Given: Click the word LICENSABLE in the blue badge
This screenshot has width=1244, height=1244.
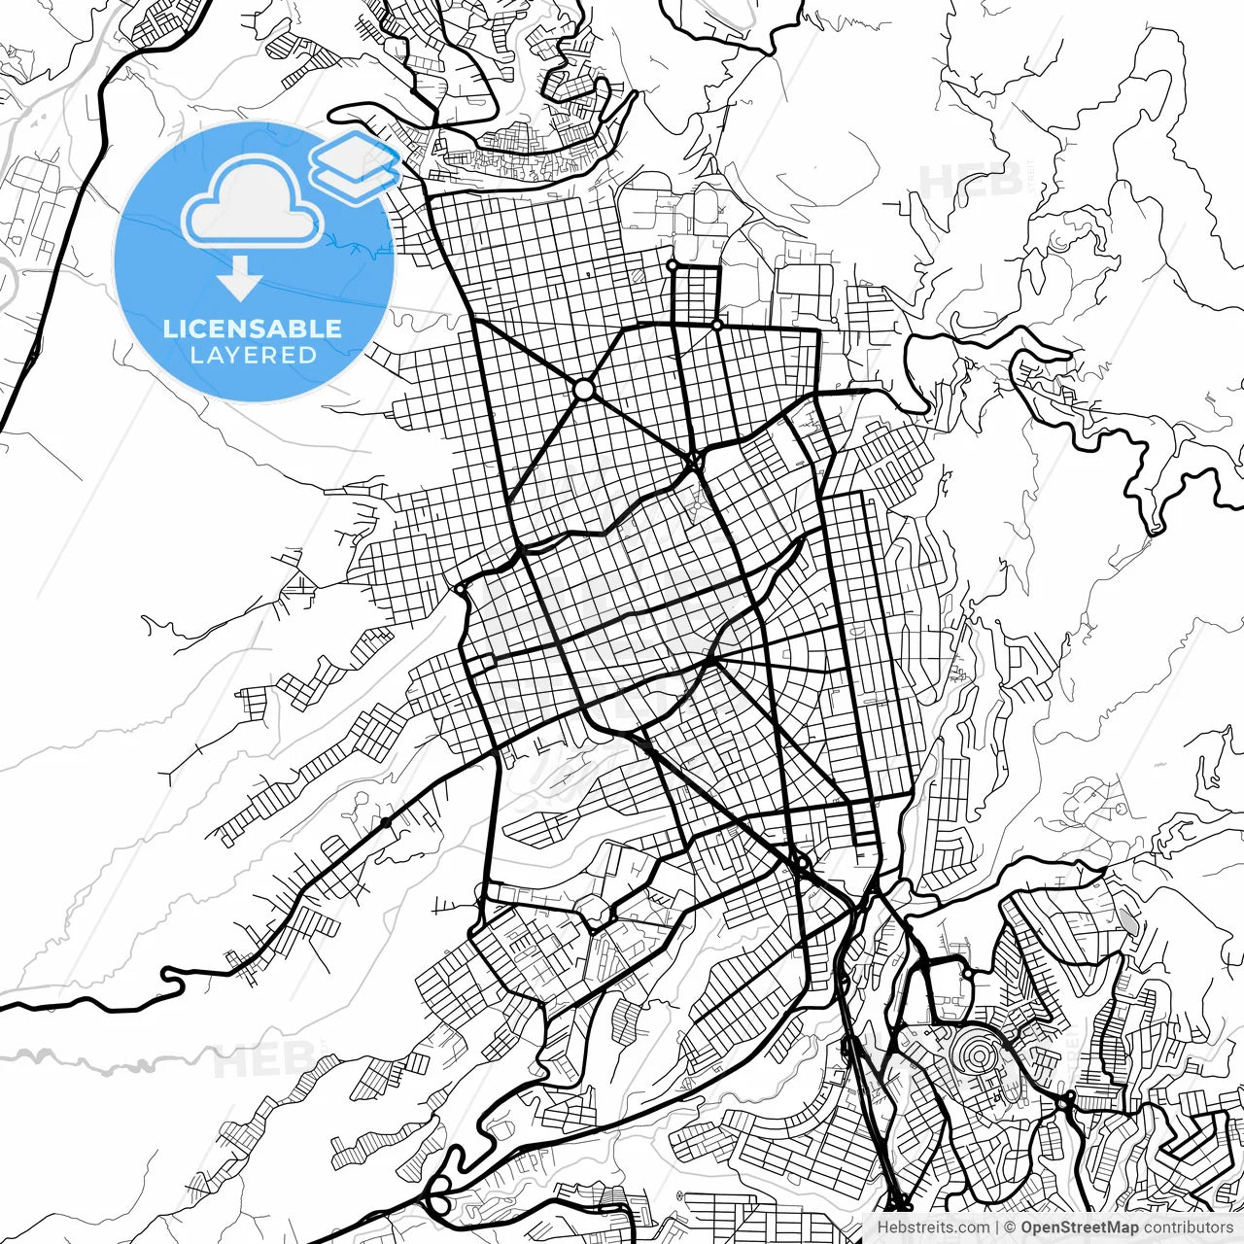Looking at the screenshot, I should point(253,328).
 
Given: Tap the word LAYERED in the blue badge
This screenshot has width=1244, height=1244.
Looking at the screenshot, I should point(253,356).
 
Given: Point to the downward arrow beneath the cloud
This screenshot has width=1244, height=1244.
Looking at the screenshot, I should point(239,281).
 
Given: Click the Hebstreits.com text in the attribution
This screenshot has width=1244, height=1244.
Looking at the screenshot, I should point(933,1227).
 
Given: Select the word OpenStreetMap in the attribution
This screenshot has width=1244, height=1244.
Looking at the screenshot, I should point(1079,1227).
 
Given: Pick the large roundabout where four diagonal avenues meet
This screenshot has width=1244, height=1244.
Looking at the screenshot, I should point(583,390).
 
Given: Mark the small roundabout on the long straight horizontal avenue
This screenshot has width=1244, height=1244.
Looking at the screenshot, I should point(717,325).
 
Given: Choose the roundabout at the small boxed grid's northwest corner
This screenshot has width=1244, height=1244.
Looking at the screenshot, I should point(672,264).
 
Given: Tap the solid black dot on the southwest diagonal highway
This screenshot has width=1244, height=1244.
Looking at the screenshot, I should point(386,823).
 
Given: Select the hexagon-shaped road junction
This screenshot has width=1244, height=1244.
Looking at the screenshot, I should point(595,914).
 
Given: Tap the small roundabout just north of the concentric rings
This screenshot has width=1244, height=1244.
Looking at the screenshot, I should point(968,973).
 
